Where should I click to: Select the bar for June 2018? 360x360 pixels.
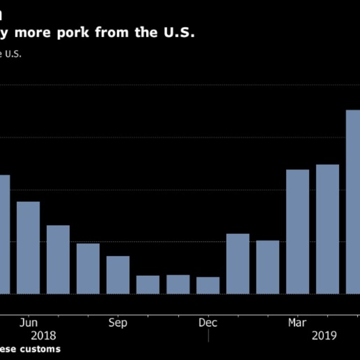point(28,247)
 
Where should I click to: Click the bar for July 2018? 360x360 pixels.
point(58,259)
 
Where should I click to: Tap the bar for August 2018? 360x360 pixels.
point(88,268)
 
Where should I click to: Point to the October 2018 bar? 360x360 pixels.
point(148,285)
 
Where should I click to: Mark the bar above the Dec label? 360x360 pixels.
point(208,285)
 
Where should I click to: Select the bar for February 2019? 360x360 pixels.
point(268,267)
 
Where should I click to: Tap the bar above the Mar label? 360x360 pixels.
point(298,231)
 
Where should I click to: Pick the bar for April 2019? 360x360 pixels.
point(327,229)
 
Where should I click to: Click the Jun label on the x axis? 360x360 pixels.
point(28,323)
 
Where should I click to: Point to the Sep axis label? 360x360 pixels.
point(118,323)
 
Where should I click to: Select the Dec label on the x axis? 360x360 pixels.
point(208,323)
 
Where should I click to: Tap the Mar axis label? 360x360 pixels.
point(298,323)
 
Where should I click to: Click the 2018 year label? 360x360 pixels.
point(44,336)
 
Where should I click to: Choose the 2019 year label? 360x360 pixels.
point(323,336)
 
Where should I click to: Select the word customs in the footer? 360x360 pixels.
point(40,349)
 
